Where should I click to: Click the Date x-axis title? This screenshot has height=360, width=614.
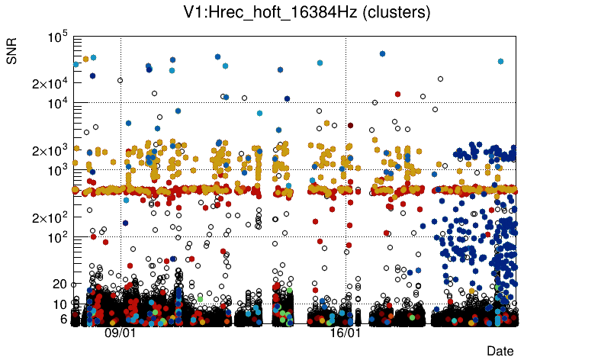pos(500,350)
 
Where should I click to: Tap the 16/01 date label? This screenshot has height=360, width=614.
pos(345,333)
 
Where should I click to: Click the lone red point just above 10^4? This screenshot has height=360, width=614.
pos(397,94)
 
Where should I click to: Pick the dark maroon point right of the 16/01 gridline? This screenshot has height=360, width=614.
pos(351,125)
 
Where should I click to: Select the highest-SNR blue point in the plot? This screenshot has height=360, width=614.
pos(382,53)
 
